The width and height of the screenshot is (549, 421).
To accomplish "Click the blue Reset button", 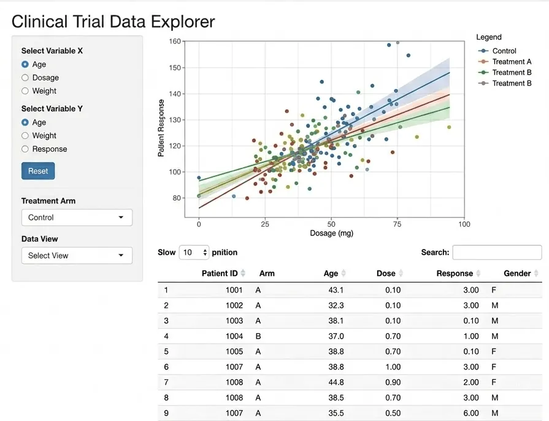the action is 38,171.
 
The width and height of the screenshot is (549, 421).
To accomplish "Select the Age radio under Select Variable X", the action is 25,64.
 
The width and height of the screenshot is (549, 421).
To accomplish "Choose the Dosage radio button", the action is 25,77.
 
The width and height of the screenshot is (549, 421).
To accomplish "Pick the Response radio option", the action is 25,149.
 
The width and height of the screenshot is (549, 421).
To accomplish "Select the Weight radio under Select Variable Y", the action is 25,136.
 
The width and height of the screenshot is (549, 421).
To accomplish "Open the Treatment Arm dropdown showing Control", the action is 77,218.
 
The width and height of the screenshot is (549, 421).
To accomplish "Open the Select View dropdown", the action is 77,256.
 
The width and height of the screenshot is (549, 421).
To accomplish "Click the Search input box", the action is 497,252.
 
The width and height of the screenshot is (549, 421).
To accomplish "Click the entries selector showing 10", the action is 194,252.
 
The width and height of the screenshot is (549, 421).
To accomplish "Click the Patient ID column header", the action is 220,273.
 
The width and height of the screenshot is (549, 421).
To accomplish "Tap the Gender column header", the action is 517,273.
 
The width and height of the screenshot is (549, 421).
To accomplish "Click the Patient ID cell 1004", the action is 234,336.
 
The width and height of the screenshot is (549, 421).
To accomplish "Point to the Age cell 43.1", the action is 336,290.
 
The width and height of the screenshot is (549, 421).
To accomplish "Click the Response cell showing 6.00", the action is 471,413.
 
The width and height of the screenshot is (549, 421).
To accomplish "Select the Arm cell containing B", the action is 258,336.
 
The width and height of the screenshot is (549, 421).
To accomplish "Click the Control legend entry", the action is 497,51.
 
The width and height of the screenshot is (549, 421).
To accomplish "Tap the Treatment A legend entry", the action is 505,61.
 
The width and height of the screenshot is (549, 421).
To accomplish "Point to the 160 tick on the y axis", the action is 175,41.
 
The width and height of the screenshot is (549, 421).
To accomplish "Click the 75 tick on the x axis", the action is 397,224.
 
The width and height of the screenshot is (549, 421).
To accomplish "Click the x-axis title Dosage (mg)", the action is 332,234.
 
